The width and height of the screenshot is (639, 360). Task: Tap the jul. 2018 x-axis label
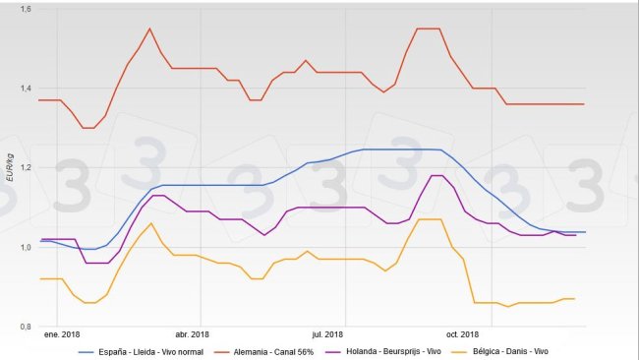click(x=327, y=334)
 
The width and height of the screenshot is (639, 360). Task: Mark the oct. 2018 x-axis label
click(x=462, y=334)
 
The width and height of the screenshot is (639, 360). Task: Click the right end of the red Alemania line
click(x=584, y=104)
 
